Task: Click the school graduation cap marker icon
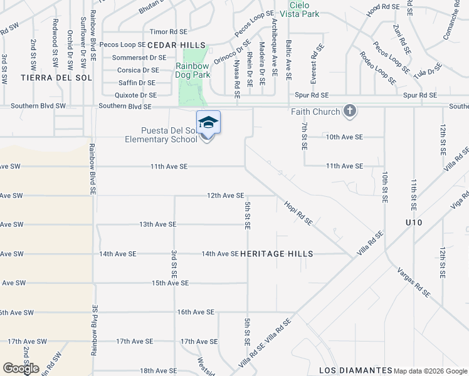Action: click(208, 123)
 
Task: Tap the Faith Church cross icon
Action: click(350, 112)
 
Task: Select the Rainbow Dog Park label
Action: click(192, 70)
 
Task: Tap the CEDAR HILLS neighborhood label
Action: click(176, 44)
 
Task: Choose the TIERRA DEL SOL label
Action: click(56, 78)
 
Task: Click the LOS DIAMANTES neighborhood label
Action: click(350, 370)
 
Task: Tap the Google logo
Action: click(21, 368)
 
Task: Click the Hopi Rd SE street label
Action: click(298, 213)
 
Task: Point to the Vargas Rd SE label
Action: click(414, 281)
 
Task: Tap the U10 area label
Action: click(414, 223)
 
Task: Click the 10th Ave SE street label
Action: click(344, 137)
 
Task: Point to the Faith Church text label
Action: click(315, 112)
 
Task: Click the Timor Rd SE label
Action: click(169, 31)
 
